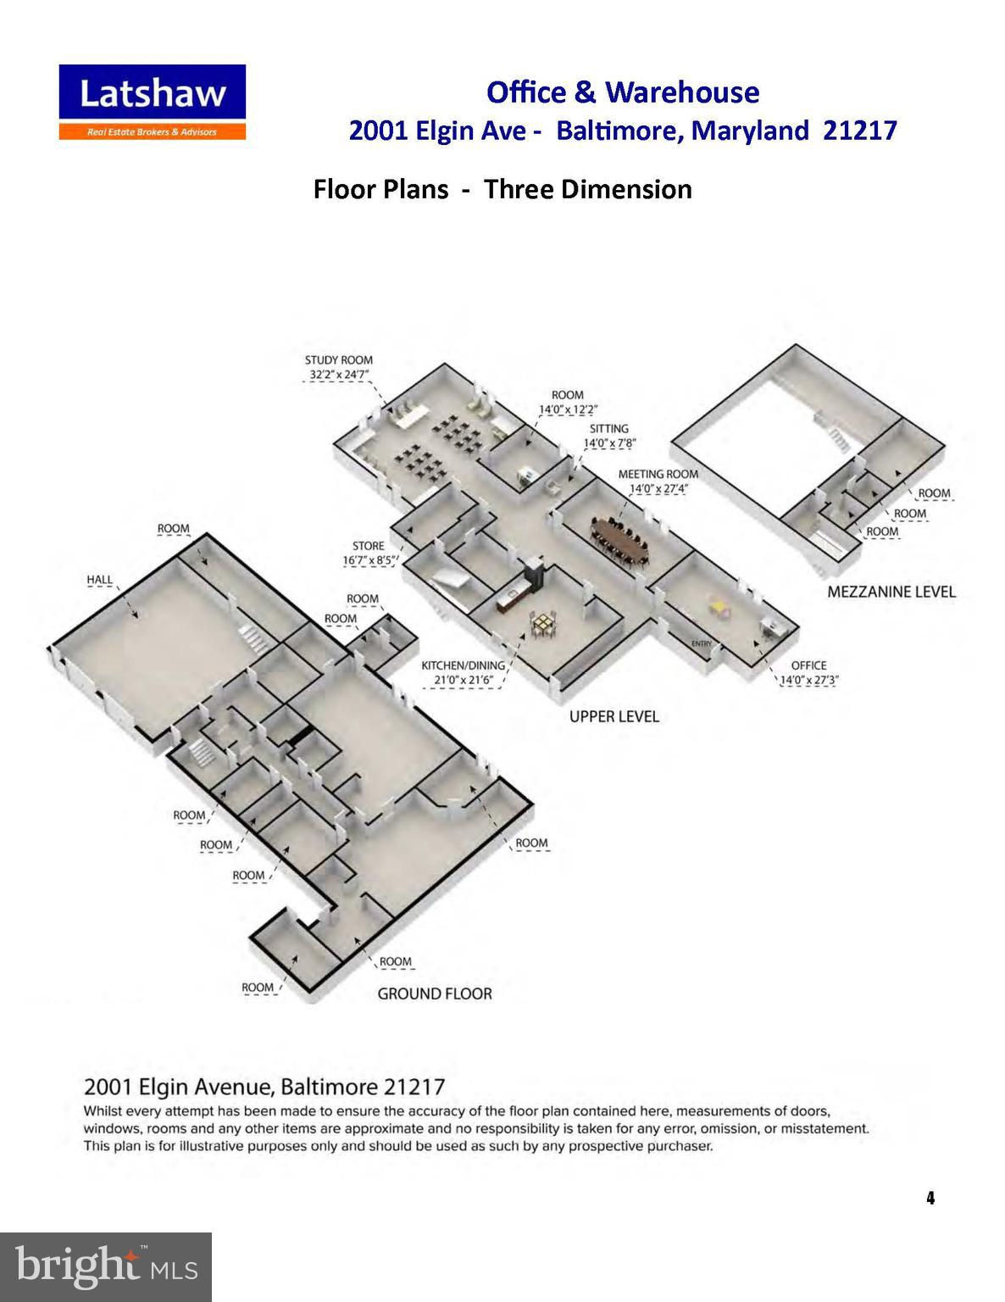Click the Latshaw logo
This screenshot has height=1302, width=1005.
pyautogui.click(x=153, y=102)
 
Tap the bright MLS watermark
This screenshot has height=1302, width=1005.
pyautogui.click(x=105, y=1266)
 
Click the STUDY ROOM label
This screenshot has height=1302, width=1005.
pyautogui.click(x=338, y=360)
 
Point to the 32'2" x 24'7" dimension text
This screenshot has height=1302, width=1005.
pyautogui.click(x=338, y=375)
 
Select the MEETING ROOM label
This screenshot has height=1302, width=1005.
pyautogui.click(x=658, y=474)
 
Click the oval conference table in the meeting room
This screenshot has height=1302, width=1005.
pyautogui.click(x=619, y=542)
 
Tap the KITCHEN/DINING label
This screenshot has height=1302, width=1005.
pyautogui.click(x=463, y=665)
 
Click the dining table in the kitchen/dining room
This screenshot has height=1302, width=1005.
pyautogui.click(x=543, y=624)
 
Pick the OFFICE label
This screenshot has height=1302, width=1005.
pyautogui.click(x=808, y=665)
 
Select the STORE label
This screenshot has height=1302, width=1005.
pyautogui.click(x=369, y=546)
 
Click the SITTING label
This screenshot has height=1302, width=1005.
pyautogui.click(x=609, y=429)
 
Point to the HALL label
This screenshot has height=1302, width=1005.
pyautogui.click(x=99, y=580)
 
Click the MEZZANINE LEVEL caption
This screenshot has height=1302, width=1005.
pyautogui.click(x=891, y=592)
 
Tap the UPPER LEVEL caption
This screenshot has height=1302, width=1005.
pyautogui.click(x=614, y=716)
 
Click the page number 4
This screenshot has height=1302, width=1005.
pyautogui.click(x=930, y=1198)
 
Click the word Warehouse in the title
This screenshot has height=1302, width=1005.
pyautogui.click(x=682, y=92)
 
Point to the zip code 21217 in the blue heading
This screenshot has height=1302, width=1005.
pyautogui.click(x=860, y=130)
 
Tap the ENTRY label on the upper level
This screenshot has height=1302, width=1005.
pyautogui.click(x=702, y=643)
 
